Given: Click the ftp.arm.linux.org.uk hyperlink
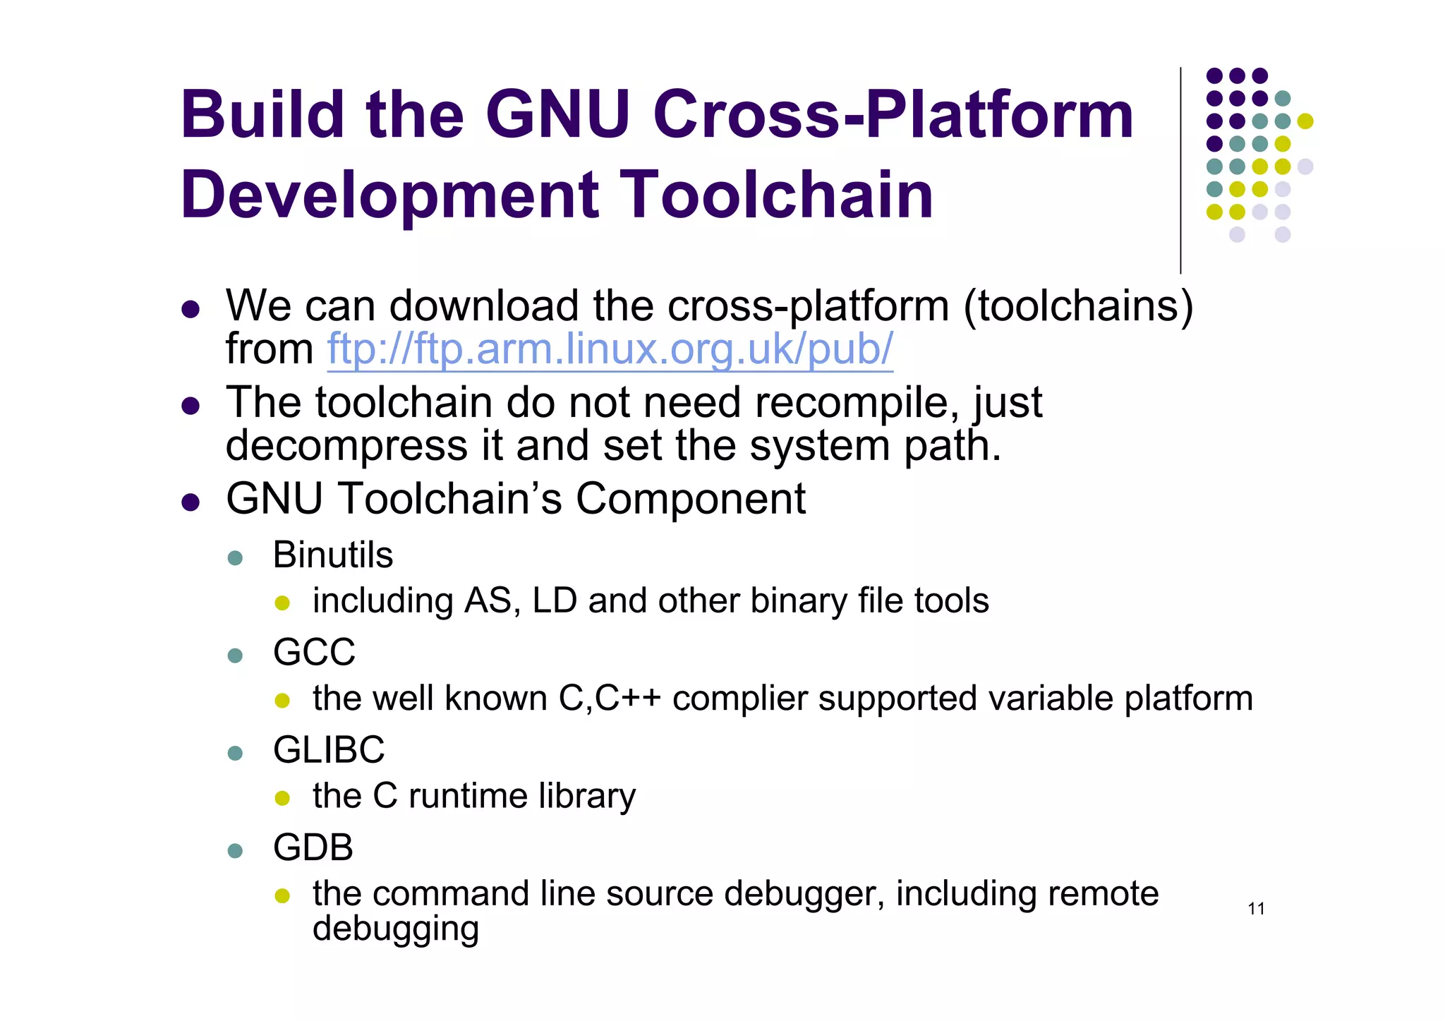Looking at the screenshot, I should [610, 349].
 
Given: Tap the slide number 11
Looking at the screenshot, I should [1256, 909].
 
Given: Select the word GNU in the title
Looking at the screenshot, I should [557, 114].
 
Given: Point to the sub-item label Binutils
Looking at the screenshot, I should [332, 555].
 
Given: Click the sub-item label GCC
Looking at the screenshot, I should [314, 652].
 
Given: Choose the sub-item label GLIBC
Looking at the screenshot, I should [329, 749].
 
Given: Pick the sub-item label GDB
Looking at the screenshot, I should [313, 847].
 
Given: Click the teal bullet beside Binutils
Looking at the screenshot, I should [236, 558].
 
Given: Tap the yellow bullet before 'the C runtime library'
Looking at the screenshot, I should [282, 798].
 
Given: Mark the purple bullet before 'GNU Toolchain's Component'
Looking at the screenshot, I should [191, 502].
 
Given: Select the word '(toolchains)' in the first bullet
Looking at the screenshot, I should [1078, 306].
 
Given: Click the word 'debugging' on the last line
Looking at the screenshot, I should [396, 929].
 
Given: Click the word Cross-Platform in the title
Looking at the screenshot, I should [893, 114].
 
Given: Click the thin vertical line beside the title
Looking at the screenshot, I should [1180, 170].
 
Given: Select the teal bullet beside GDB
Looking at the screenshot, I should [236, 850].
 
